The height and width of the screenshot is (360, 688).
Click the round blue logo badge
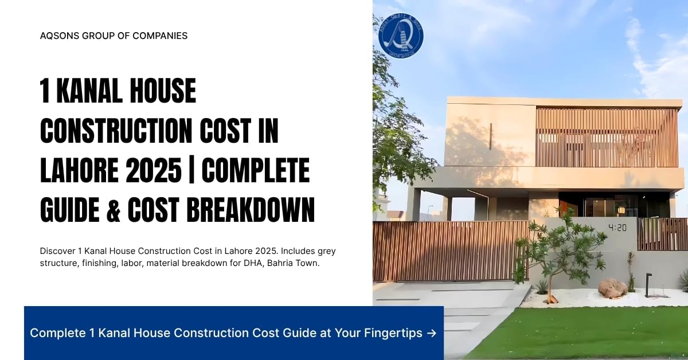pos(401,36)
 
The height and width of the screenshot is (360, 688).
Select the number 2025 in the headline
pos(155,171)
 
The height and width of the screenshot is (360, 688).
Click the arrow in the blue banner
pos(431,333)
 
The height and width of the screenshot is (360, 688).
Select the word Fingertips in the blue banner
pos(393,333)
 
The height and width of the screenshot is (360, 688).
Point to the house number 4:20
pos(617,228)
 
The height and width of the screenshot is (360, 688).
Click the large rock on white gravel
pos(612,287)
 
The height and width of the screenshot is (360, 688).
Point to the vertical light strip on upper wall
pos(490,136)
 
